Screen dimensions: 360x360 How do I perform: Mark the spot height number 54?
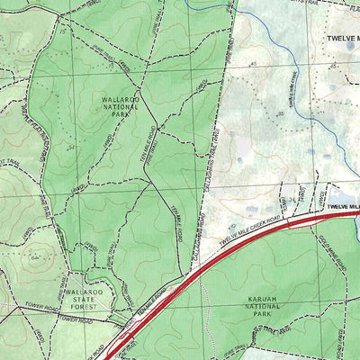tap(69, 147)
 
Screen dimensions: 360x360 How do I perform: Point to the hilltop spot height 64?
tap(33, 257)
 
